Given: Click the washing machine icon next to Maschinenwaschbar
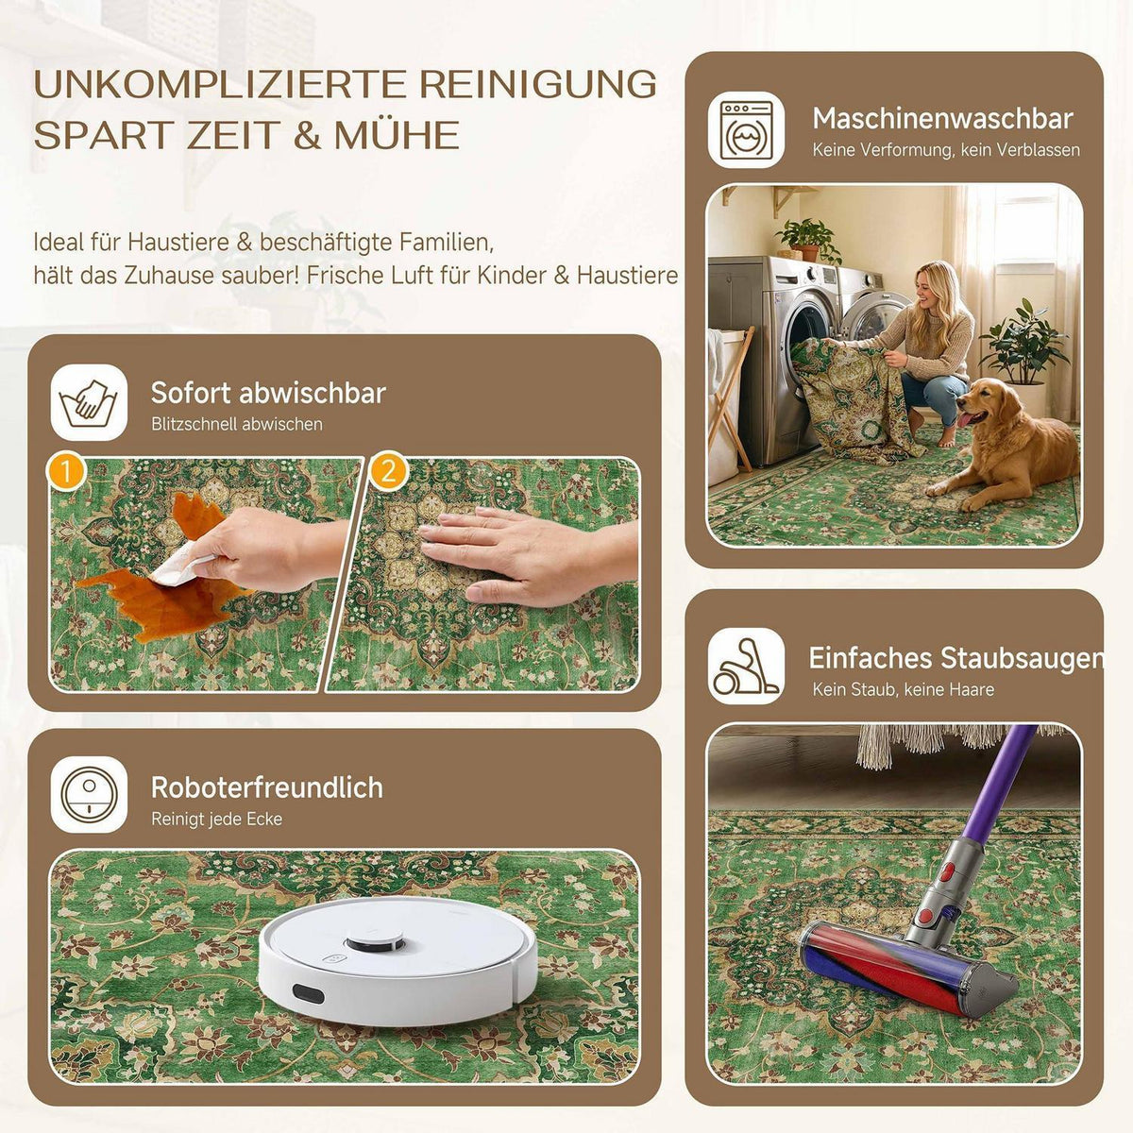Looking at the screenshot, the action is (x=746, y=129).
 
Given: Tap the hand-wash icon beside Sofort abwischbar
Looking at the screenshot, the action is (x=89, y=402).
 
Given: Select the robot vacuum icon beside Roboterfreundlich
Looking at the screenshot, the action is (x=89, y=794).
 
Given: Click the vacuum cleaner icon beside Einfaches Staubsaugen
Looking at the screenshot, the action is (x=746, y=667).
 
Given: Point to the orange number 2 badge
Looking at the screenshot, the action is (x=389, y=471).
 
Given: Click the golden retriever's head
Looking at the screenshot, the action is (x=980, y=404).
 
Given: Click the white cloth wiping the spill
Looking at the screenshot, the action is (x=178, y=565).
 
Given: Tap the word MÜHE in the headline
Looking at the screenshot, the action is (x=397, y=135).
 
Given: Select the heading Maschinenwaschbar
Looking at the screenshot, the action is (x=942, y=119).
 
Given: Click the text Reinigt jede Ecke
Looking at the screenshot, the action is (x=216, y=819).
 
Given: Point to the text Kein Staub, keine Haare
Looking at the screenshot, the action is (x=904, y=689).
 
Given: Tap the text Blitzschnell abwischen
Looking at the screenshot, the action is (x=237, y=424).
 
